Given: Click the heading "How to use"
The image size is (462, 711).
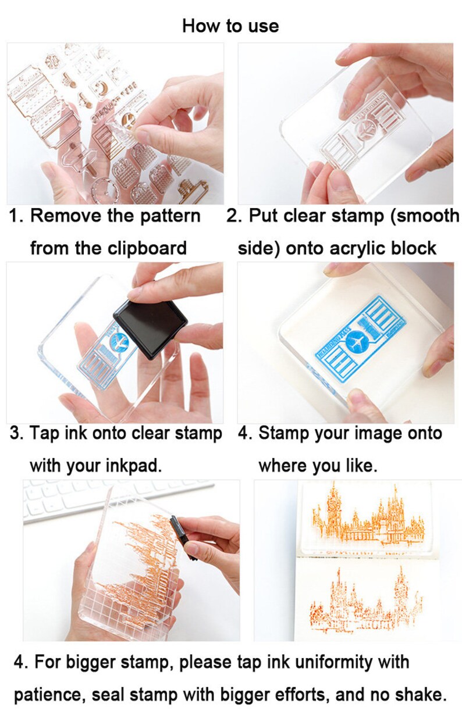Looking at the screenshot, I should [x=230, y=26].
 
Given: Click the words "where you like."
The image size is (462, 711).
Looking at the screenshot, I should [x=318, y=466].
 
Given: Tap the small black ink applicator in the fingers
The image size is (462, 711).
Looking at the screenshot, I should [x=180, y=535].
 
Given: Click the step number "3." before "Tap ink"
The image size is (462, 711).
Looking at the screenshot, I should [x=16, y=433].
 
